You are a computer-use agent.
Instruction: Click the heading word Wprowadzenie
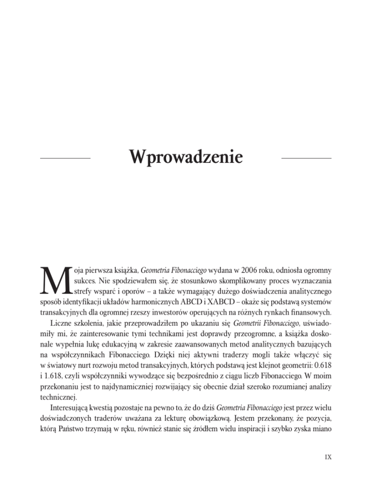(x=186, y=158)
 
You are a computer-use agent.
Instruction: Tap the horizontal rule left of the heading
(x=65, y=158)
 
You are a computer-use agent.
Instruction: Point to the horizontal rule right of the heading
(x=307, y=158)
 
